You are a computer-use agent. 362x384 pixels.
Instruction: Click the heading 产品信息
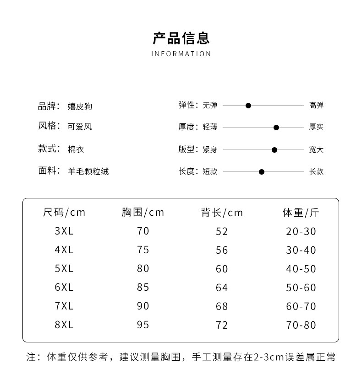(181, 38)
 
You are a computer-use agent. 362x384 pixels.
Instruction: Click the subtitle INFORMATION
(181, 54)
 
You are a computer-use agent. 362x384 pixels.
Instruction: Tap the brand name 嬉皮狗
(80, 106)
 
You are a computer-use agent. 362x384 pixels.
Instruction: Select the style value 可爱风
(80, 127)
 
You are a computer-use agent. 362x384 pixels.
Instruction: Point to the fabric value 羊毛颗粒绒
(88, 171)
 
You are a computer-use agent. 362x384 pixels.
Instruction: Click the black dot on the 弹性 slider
(248, 106)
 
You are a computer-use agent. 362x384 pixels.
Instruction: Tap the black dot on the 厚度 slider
(276, 128)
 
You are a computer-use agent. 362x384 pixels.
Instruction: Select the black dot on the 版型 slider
(274, 149)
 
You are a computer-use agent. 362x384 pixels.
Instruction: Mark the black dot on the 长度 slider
(262, 172)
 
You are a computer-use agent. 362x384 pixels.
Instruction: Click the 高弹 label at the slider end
(316, 106)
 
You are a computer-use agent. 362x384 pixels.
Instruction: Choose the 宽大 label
(316, 149)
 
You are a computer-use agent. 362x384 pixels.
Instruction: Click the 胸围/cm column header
(143, 213)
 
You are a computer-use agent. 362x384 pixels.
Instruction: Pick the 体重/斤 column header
(301, 213)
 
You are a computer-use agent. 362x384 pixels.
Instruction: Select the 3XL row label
(64, 231)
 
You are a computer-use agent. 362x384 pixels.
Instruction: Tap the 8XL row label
(64, 325)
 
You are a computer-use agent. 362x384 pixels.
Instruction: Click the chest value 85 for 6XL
(143, 288)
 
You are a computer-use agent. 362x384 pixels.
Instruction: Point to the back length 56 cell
(222, 250)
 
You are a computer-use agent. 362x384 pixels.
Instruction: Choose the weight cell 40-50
(301, 269)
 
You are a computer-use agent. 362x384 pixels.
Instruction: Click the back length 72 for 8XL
(222, 325)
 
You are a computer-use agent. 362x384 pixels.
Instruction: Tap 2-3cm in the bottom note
(268, 357)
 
